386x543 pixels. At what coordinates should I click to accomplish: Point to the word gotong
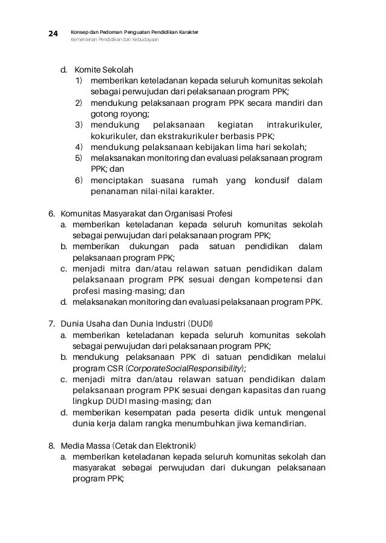(103, 114)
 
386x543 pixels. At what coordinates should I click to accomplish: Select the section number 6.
(51, 213)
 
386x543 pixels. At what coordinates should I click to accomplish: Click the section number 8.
(51, 446)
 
